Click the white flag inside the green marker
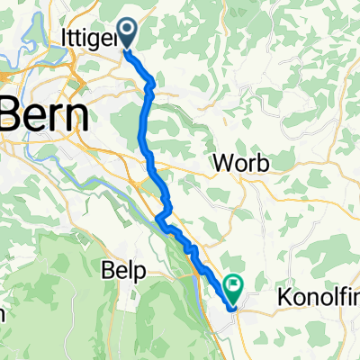(x=233, y=287)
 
